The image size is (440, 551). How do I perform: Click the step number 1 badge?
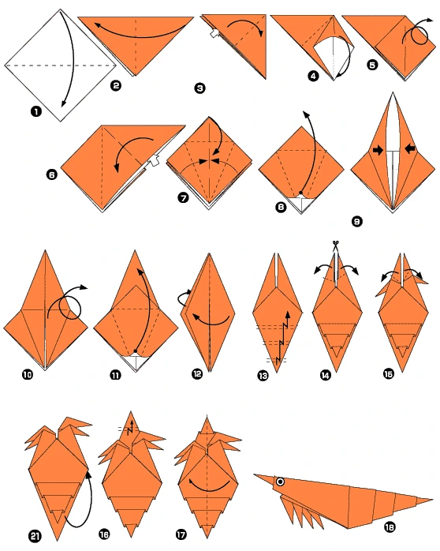click(35, 113)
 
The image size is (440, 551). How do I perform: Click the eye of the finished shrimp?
click(280, 482)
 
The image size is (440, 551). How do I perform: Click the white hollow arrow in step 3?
click(214, 34)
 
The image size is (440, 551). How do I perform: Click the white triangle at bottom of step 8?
click(300, 204)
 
